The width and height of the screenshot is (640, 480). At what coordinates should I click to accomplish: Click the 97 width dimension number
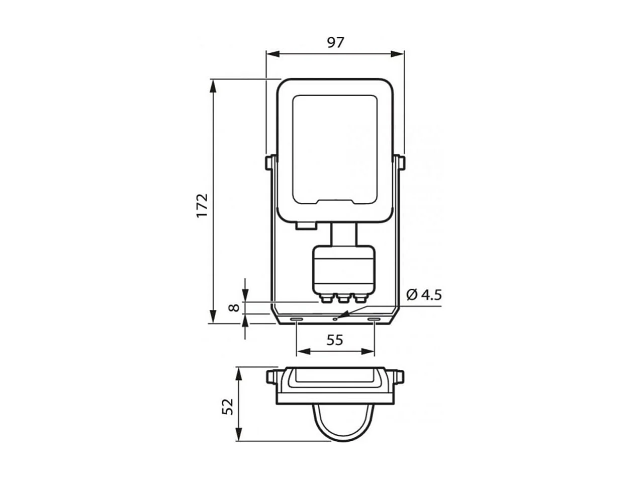(335, 43)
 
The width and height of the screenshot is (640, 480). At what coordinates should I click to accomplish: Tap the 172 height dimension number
(202, 205)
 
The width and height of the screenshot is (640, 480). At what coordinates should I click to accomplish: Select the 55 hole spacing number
(335, 340)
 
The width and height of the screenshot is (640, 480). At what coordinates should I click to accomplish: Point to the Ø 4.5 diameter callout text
(424, 295)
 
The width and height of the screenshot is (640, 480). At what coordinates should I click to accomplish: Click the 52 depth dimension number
(228, 407)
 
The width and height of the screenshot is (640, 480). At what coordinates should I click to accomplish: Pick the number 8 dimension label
(234, 307)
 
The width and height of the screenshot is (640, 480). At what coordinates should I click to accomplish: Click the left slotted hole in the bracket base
(296, 319)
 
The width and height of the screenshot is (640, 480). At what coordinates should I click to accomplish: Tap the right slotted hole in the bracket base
(374, 319)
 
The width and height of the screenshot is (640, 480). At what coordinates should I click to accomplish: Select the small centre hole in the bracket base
(335, 319)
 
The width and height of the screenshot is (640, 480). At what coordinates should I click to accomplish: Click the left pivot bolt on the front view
(270, 163)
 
